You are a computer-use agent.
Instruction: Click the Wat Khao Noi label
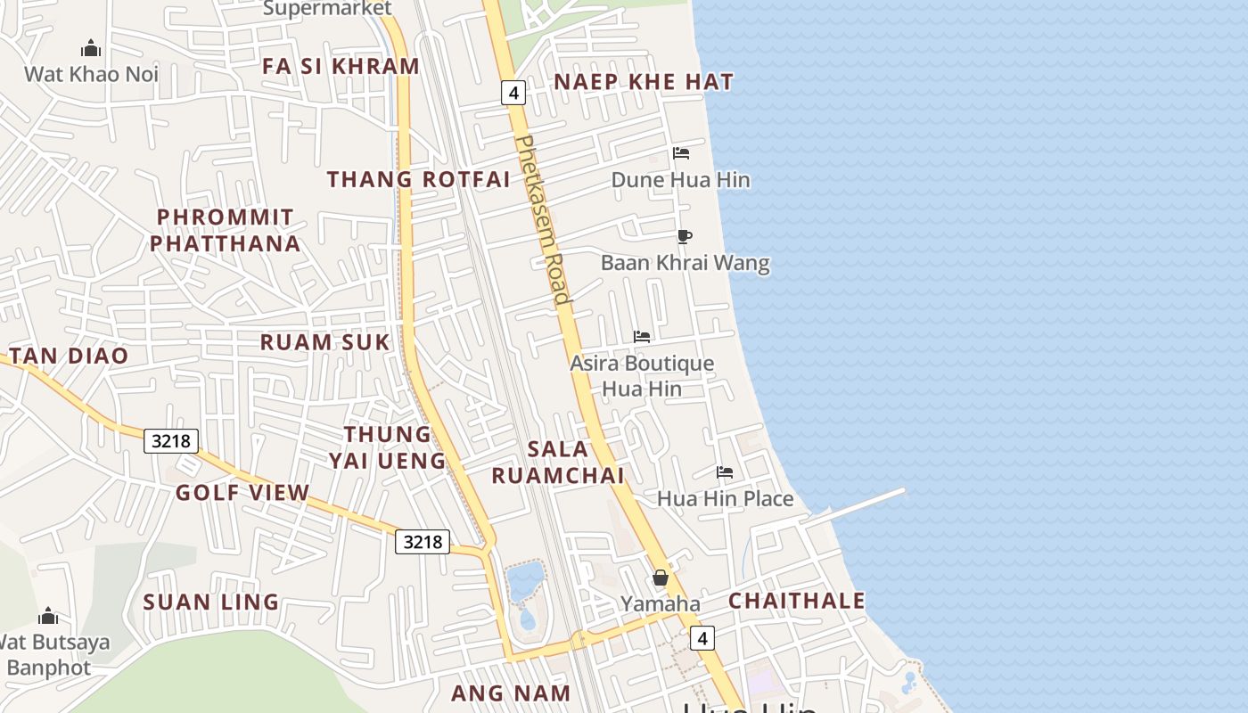pyautogui.click(x=91, y=74)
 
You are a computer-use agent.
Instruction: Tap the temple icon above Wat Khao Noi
pyautogui.click(x=91, y=48)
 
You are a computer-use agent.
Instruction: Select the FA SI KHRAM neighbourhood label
pyautogui.click(x=341, y=67)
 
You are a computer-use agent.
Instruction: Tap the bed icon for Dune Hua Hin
pyautogui.click(x=681, y=153)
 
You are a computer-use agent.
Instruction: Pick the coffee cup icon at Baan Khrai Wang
pyautogui.click(x=684, y=236)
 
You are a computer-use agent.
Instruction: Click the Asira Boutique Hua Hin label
pyautogui.click(x=642, y=376)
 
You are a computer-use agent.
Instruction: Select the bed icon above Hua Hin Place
pyautogui.click(x=725, y=471)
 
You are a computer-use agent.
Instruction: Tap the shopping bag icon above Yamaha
pyautogui.click(x=661, y=578)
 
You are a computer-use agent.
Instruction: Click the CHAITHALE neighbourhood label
pyautogui.click(x=796, y=601)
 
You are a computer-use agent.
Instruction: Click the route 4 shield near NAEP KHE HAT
pyautogui.click(x=513, y=92)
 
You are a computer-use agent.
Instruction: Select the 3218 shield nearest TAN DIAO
pyautogui.click(x=171, y=440)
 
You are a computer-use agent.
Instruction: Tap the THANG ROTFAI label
pyautogui.click(x=418, y=180)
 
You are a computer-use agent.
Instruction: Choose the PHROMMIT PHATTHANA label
pyautogui.click(x=224, y=231)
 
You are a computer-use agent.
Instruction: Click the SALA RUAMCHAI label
pyautogui.click(x=558, y=463)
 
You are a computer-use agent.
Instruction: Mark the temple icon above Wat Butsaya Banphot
pyautogui.click(x=48, y=616)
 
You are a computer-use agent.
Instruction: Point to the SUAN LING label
pyautogui.click(x=211, y=602)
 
